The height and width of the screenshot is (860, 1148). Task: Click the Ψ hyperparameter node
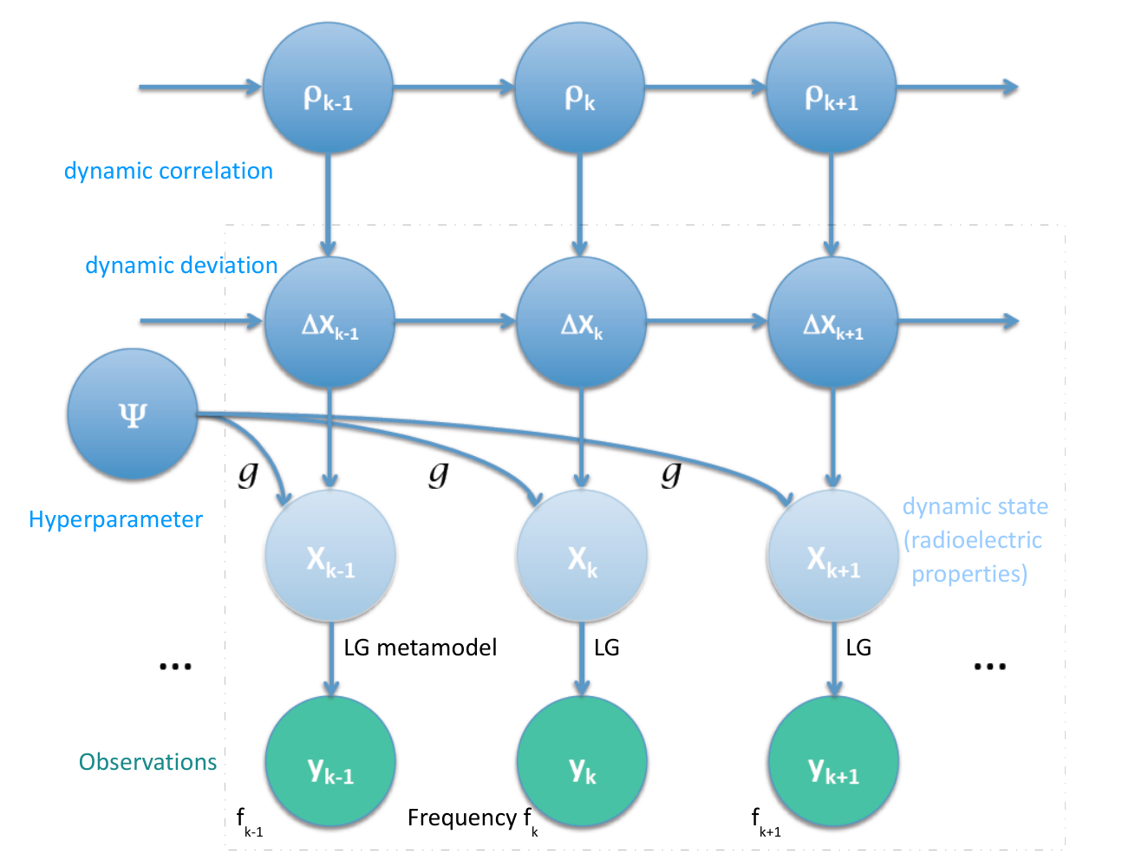133,414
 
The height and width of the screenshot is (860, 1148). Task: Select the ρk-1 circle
328,88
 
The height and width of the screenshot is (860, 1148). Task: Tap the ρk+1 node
831,88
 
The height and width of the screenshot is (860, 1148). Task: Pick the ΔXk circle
581,322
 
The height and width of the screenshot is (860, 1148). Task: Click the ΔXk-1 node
329,322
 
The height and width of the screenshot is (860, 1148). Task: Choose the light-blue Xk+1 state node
833,555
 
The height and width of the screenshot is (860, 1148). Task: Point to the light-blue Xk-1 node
330,555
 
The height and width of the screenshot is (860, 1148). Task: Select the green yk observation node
582,761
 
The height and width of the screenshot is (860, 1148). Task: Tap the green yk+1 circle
833,761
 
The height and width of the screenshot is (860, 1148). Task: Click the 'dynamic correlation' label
168,171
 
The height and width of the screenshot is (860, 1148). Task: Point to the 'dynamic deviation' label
181,265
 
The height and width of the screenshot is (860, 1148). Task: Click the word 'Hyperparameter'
115,519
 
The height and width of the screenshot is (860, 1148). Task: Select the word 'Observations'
147,762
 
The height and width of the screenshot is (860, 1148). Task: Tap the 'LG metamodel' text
420,648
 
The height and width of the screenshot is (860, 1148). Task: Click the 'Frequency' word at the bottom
462,818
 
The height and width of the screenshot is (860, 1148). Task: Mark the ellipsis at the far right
989,666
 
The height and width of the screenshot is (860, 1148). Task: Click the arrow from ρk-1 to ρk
454,87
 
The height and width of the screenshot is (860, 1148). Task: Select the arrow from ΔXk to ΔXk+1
708,321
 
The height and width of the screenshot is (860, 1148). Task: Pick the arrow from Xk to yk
582,659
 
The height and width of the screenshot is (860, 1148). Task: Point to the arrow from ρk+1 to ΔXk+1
831,205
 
